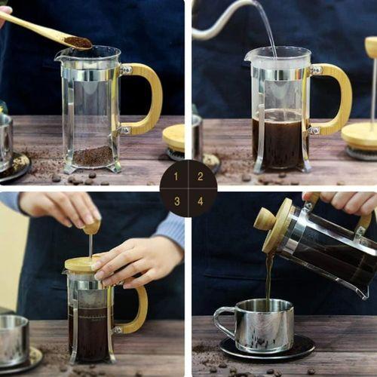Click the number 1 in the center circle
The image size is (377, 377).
click(x=177, y=177)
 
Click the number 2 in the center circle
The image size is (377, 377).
click(x=200, y=177)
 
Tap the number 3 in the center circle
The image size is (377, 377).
click(x=177, y=201)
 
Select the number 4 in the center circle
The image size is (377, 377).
click(x=200, y=201)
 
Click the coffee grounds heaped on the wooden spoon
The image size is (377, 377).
click(x=77, y=42)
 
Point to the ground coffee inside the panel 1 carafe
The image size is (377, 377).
click(x=92, y=156)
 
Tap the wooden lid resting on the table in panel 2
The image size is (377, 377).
click(x=360, y=136)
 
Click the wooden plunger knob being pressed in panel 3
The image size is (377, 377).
click(x=91, y=226)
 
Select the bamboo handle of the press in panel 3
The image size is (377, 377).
click(x=138, y=309)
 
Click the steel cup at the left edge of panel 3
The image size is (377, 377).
click(x=14, y=339)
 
